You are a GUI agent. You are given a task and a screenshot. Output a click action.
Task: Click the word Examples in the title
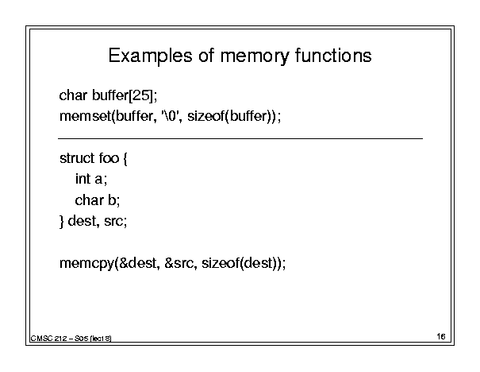click(x=150, y=56)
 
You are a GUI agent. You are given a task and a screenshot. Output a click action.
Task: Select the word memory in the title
click(x=255, y=57)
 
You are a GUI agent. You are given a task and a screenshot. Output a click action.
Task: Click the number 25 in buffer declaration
click(x=141, y=95)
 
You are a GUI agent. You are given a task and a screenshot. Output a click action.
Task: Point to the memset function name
click(x=86, y=116)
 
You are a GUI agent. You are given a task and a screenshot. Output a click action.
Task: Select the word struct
click(x=77, y=158)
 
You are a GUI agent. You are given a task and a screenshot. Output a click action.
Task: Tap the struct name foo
click(x=109, y=158)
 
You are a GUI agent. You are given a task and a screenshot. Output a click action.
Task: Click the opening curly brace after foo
click(x=125, y=159)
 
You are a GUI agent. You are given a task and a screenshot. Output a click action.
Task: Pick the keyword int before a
click(x=83, y=179)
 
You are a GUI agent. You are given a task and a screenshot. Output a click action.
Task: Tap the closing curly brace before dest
click(x=62, y=222)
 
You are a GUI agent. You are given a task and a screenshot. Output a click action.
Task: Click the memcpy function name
click(x=86, y=264)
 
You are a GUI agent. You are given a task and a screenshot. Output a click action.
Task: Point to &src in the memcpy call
click(x=179, y=263)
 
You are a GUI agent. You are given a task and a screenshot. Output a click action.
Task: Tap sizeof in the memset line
click(x=206, y=115)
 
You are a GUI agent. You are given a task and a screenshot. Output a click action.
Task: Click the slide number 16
click(x=441, y=336)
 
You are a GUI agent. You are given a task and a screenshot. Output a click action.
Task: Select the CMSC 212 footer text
click(x=71, y=339)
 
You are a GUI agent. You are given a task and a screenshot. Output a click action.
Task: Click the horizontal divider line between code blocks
click(x=240, y=138)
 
